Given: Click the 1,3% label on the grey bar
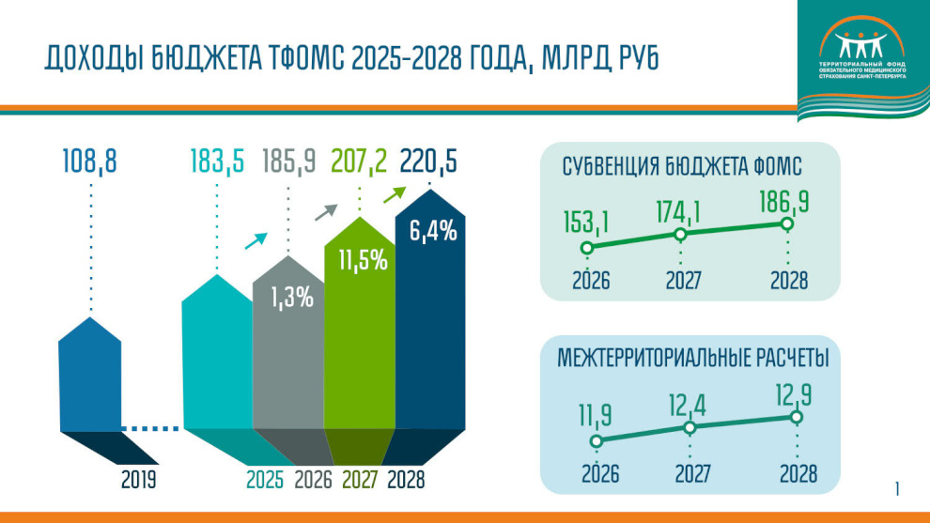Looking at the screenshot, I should point(291,299).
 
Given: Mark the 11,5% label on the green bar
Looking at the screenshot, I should point(363,259).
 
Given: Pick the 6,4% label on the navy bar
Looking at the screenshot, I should point(432,230).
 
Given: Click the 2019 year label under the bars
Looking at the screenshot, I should point(138,480).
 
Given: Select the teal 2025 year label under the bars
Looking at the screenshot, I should point(266,480).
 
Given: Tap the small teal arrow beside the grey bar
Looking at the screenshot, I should point(256,239).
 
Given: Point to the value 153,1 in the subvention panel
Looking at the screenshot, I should point(588,223).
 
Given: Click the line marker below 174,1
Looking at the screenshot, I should point(681,235).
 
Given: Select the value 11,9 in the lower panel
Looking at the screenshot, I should point(596,414).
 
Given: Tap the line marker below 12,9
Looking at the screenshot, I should point(797,417).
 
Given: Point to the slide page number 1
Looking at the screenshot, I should point(897,488).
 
